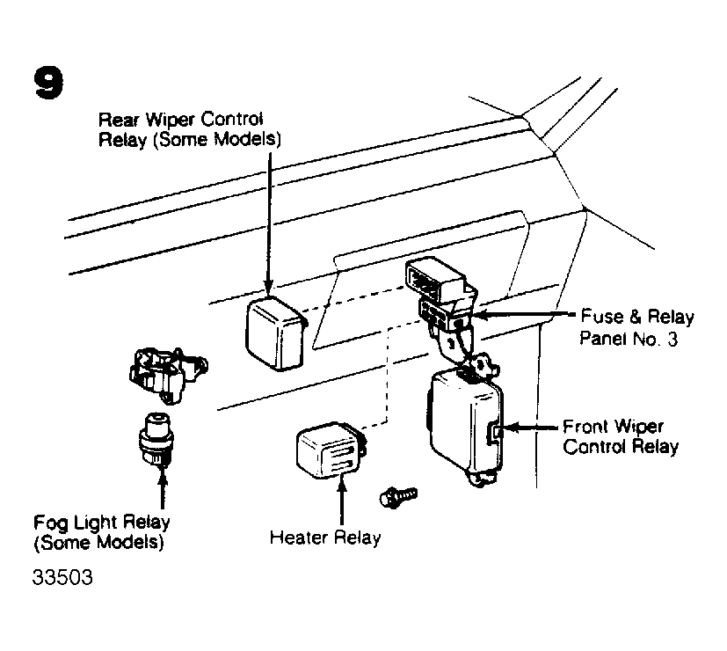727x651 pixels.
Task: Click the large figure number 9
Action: [48, 83]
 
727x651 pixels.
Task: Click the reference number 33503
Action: [62, 577]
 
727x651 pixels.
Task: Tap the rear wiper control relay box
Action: [275, 333]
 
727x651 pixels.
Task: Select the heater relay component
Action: [331, 450]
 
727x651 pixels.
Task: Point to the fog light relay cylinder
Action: [156, 439]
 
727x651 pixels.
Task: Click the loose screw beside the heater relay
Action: [398, 497]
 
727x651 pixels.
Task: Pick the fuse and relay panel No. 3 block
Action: [441, 297]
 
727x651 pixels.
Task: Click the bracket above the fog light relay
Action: [167, 375]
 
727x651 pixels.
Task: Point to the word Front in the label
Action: [585, 426]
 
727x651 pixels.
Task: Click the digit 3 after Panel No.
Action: [672, 340]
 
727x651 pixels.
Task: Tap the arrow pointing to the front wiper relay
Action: [531, 428]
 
